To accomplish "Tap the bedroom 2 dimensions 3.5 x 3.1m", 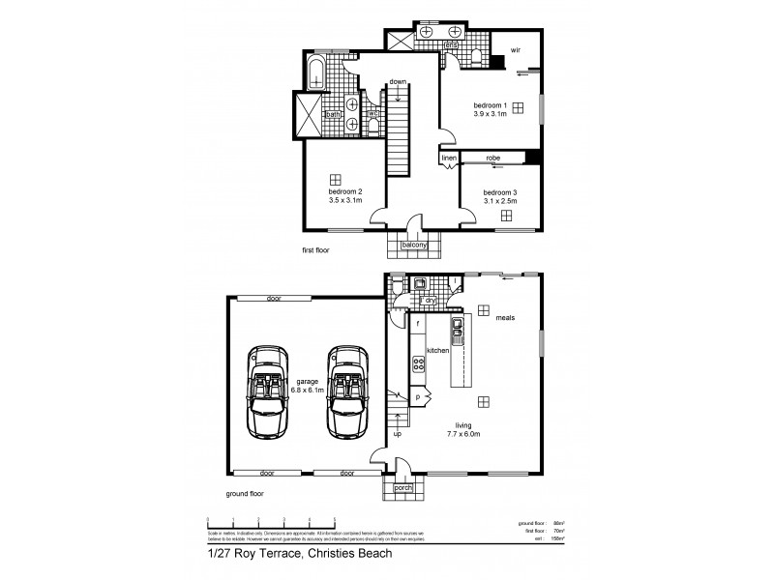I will [x=345, y=201].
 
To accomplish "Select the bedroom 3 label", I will [x=500, y=191].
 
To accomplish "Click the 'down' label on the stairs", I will [x=397, y=81].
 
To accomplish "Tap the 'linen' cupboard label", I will [x=448, y=158].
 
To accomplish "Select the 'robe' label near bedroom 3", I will [x=491, y=158].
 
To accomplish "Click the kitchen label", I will [x=438, y=351].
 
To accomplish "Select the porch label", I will [x=403, y=488].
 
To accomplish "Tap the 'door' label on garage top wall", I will [x=273, y=299].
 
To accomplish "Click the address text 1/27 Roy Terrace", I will [x=253, y=555].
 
